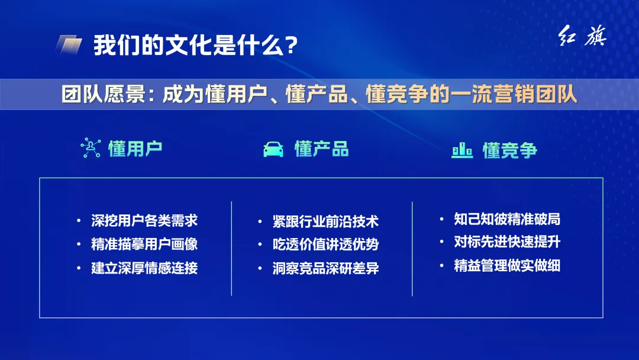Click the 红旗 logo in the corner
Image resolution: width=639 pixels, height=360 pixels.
(583, 38)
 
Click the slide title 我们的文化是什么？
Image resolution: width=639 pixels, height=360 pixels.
(195, 45)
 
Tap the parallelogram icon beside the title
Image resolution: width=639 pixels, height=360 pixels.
(69, 45)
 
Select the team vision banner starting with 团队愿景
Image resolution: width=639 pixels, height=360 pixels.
(319, 94)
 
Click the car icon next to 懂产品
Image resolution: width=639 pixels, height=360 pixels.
(273, 149)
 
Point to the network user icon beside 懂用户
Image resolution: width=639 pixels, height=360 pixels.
(91, 148)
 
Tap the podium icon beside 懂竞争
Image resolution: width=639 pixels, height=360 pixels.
(462, 150)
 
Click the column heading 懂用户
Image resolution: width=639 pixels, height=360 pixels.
(135, 149)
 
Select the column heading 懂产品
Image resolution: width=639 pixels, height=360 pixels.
(322, 149)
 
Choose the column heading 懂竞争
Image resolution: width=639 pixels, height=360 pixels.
(510, 150)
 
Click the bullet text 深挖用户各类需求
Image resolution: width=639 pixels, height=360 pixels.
(144, 221)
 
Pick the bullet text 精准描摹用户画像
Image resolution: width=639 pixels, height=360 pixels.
(144, 244)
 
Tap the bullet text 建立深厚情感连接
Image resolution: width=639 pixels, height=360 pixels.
(144, 268)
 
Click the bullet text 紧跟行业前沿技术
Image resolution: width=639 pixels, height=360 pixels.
(325, 221)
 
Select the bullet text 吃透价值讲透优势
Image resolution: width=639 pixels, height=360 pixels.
(325, 245)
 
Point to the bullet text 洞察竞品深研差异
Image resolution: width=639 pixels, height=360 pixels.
(325, 268)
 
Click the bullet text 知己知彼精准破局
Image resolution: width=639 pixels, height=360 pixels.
(507, 219)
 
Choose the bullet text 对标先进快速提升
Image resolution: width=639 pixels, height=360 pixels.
(507, 242)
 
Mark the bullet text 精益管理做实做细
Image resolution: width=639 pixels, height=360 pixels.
(507, 265)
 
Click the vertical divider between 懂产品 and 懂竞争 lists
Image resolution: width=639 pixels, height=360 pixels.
(412, 249)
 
